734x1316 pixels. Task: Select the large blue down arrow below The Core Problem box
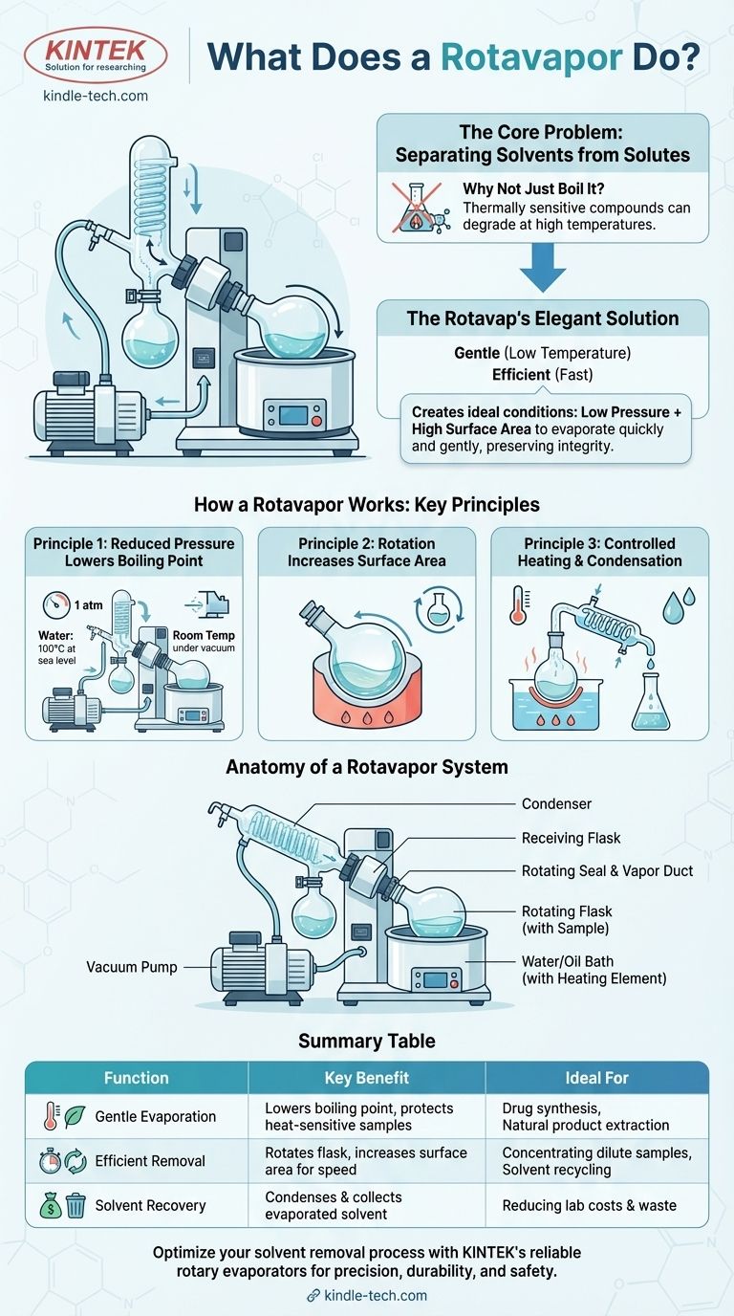(x=543, y=268)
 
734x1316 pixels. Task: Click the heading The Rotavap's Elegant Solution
(x=543, y=318)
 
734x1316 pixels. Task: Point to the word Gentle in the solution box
(x=477, y=353)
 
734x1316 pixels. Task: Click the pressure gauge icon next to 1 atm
(x=56, y=603)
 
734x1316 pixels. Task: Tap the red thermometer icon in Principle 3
(x=518, y=604)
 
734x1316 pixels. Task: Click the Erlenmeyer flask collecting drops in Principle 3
(x=651, y=701)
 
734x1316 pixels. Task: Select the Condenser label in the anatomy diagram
(x=556, y=803)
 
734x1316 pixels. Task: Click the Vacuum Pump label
(x=132, y=967)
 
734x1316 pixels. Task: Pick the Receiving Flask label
(x=571, y=838)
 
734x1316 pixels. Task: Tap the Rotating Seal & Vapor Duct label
(x=607, y=870)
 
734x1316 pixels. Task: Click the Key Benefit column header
(x=366, y=1078)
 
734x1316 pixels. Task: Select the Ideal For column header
(x=596, y=1078)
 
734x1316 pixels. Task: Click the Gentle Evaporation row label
(x=155, y=1116)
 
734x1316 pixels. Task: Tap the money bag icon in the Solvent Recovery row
(x=51, y=1206)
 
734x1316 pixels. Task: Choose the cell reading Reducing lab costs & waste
(x=589, y=1206)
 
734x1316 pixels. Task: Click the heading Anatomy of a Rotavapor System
(x=366, y=767)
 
